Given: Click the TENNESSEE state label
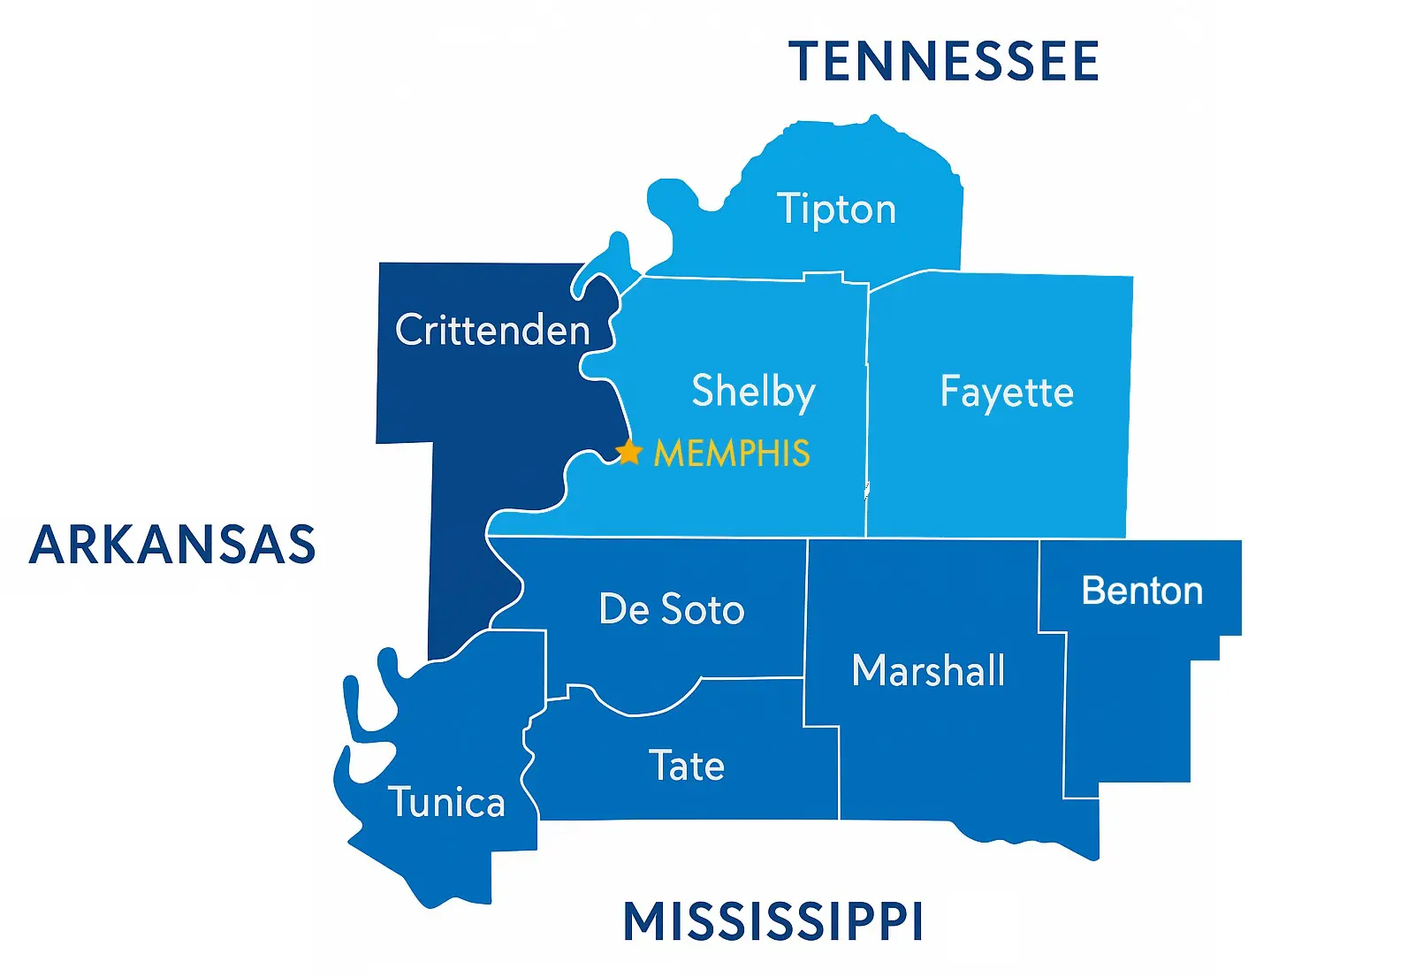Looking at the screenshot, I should coord(943,62).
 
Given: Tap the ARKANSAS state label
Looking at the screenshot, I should coord(172,545).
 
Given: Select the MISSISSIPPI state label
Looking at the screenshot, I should coord(773,922).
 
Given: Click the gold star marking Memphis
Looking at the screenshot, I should coord(628,453).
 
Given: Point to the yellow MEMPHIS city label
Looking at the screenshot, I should coord(732,454).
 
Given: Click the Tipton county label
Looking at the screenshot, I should coord(836,210).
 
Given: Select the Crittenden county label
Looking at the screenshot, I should coord(492,331).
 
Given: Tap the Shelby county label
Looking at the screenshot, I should coord(753,392).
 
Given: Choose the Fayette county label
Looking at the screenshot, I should coord(1007,392).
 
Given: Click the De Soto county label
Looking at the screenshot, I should coord(672,609).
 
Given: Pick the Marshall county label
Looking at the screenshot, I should coord(928,670).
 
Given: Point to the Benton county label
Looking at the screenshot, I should coord(1142,591).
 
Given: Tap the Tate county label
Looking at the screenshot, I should coord(687,766).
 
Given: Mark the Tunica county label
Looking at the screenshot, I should coord(446,803).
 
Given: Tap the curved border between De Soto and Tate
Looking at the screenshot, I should coord(654,710).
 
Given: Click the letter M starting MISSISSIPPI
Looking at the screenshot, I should coord(643,922).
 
